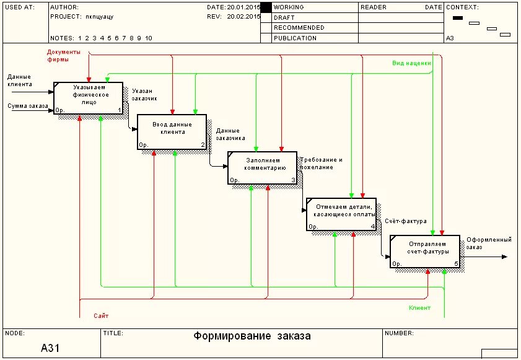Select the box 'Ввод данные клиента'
172,131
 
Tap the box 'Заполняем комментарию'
262,168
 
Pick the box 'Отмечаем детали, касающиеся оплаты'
341,214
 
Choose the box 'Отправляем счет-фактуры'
424,251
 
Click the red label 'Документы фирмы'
64,56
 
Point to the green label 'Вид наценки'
411,63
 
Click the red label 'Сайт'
101,316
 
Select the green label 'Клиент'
419,308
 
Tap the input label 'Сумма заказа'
28,106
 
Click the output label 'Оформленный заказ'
489,243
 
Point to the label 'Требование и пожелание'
321,163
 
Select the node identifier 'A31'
50,348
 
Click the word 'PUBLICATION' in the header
295,38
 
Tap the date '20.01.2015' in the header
243,7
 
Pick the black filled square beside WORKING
266,7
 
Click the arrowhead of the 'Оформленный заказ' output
504,257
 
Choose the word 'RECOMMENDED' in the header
299,28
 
